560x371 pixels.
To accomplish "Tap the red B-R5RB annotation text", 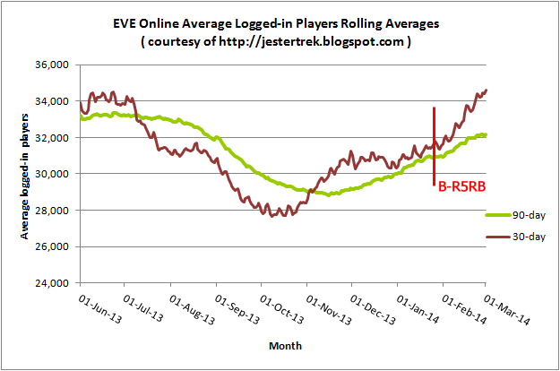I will [x=462, y=188].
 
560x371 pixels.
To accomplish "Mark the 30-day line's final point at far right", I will [x=487, y=90].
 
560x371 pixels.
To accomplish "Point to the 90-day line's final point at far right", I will [x=487, y=135].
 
